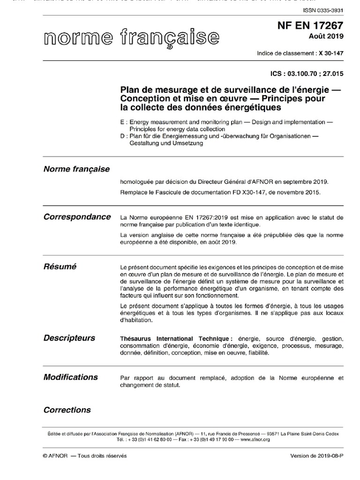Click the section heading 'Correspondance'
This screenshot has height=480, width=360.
pos(77,217)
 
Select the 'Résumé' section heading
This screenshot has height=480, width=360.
pos(60,266)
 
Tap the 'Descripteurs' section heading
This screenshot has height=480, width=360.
pos(69,337)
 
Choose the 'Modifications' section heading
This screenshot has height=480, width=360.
pos(70,377)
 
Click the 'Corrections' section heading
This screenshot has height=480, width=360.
pos(67,410)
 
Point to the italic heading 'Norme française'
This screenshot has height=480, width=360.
pos(76,169)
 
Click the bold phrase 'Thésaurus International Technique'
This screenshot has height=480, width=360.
pos(176,338)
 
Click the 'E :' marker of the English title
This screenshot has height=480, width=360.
pos(124,122)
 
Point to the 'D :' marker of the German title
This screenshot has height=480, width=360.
pos(124,136)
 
